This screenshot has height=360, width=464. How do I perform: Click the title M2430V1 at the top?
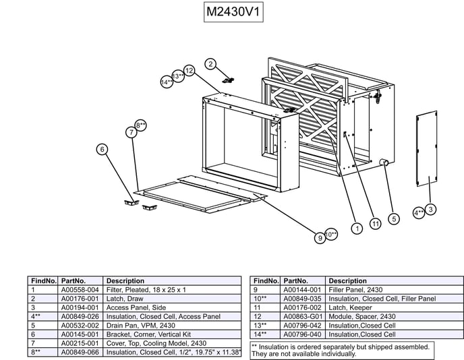[x=233, y=13]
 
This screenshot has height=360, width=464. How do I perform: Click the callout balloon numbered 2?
[x=210, y=64]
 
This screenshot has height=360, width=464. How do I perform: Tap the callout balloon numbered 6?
[x=102, y=149]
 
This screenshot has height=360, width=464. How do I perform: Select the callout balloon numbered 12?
[x=189, y=70]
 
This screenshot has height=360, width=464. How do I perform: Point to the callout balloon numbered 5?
[x=395, y=218]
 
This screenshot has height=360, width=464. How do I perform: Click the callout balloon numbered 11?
[x=376, y=223]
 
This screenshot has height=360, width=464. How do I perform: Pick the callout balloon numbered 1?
[x=356, y=229]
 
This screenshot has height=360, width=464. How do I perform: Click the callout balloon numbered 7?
[x=132, y=132]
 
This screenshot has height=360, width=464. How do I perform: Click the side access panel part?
[x=426, y=150]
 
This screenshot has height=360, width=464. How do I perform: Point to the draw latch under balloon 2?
[x=228, y=80]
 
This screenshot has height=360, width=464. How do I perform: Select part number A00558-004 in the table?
[x=80, y=289]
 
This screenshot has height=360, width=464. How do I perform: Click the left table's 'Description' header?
[x=125, y=280]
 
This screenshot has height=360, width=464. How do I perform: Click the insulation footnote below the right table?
[x=341, y=350]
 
